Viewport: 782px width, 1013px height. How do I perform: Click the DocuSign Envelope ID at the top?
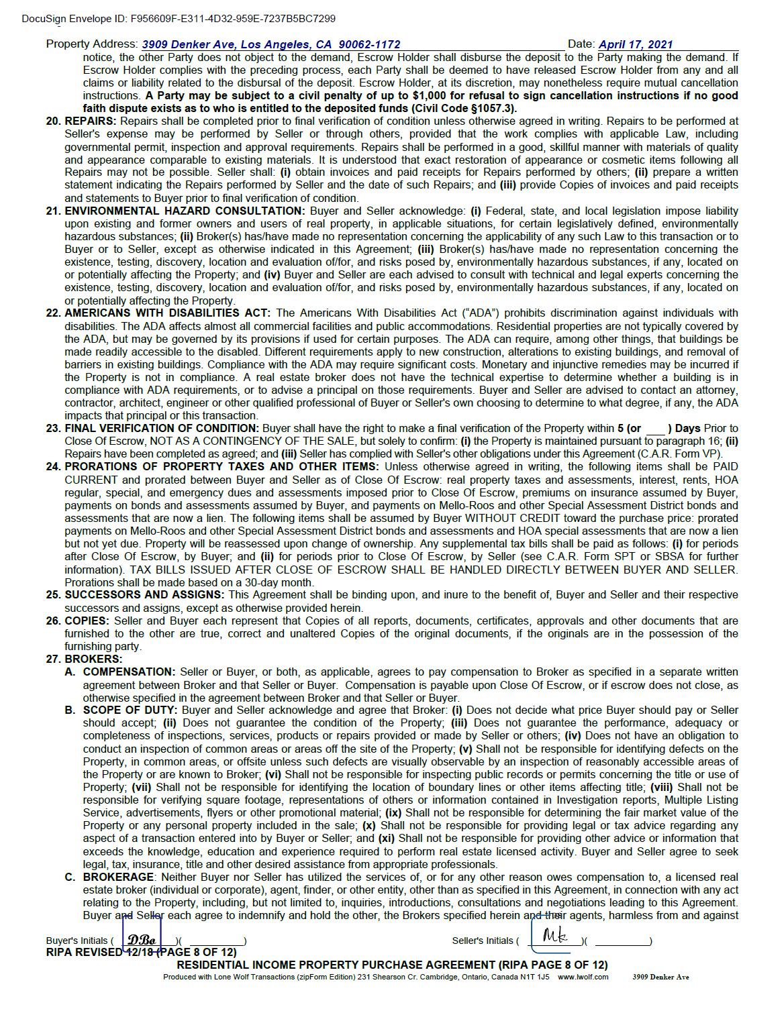(x=179, y=19)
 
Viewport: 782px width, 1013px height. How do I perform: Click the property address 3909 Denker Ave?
(x=271, y=45)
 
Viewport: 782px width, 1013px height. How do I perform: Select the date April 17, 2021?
(x=635, y=45)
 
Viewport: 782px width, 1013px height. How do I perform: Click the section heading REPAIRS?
(x=91, y=121)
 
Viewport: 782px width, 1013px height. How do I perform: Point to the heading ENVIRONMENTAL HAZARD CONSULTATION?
(x=185, y=211)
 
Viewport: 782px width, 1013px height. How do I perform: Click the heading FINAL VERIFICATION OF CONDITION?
(x=161, y=429)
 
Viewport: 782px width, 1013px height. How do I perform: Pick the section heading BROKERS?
(x=93, y=659)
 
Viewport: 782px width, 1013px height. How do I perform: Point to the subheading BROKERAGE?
(x=118, y=877)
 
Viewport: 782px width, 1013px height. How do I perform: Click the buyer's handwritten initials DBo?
(x=142, y=940)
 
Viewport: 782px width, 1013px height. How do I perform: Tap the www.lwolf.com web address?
(x=583, y=977)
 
